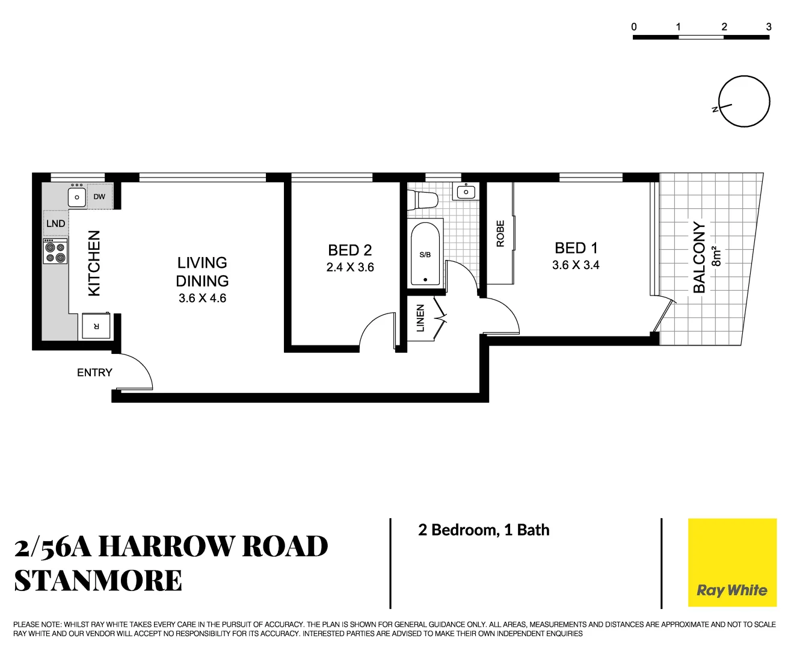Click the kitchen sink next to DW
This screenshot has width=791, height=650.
click(77, 197)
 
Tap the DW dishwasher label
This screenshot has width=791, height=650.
click(99, 197)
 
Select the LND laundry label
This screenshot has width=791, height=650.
click(55, 223)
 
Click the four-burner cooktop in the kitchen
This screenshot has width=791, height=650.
click(55, 252)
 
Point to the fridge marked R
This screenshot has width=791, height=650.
click(96, 326)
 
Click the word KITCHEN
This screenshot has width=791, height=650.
click(94, 263)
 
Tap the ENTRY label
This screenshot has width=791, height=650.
click(94, 373)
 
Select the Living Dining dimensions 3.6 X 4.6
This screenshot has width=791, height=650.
click(202, 298)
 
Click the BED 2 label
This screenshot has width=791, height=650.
click(349, 250)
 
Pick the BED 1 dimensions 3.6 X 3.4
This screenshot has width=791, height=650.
click(576, 265)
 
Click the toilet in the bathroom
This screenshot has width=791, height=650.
click(422, 199)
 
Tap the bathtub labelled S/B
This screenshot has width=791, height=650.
click(425, 254)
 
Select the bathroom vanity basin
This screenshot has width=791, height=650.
click(466, 192)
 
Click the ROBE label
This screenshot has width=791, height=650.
click(500, 234)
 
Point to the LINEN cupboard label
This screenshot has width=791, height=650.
click(420, 318)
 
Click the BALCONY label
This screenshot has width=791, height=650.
click(699, 257)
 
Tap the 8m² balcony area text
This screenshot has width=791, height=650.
click(716, 256)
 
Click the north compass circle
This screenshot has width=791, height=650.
click(744, 101)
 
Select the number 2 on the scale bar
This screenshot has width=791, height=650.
click(724, 26)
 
